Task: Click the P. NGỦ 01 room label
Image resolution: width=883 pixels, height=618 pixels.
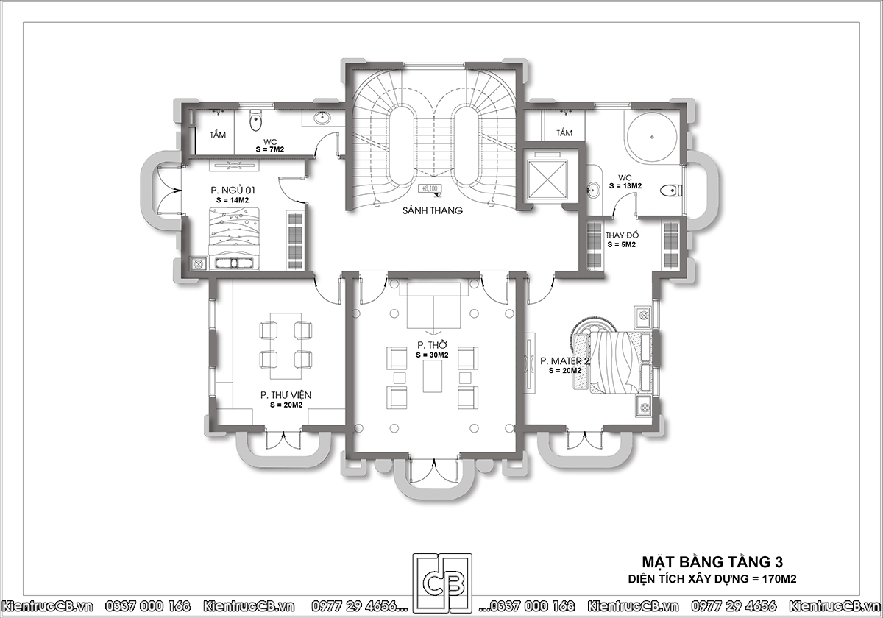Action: pos(233,191)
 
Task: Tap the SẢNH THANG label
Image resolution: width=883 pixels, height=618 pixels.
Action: pos(433,211)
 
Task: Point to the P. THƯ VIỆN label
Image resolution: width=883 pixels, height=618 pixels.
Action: pos(286,395)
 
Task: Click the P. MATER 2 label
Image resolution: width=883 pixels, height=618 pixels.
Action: pos(565,361)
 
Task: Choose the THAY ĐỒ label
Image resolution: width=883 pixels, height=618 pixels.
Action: pos(622,235)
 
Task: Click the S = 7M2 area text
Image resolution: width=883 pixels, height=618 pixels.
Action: pos(270,150)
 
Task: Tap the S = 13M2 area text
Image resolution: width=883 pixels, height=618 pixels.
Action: pos(625,186)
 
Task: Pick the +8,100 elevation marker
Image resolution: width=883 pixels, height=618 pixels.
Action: pos(430,189)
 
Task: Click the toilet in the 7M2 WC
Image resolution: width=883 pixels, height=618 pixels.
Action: pos(255,120)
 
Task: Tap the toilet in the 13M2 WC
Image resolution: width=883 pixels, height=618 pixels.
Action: pos(671,191)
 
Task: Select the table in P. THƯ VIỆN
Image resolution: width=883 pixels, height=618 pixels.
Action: pos(286,346)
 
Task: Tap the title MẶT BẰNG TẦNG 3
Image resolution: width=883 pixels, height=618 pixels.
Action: pos(712,561)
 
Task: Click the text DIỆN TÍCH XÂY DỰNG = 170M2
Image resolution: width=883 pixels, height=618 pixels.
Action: pos(712,578)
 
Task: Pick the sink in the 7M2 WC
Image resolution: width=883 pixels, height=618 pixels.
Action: pos(323,117)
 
